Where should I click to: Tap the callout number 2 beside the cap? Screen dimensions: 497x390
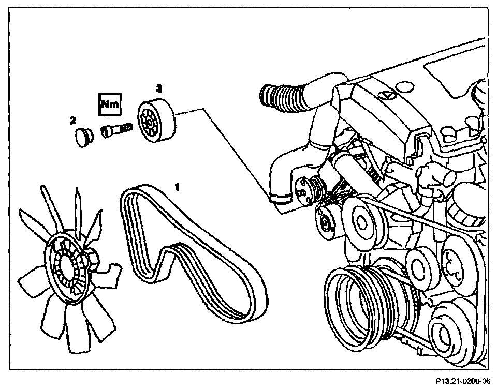[74, 121]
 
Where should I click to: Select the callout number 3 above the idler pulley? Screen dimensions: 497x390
[159, 89]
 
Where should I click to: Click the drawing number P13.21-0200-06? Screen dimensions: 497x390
[462, 382]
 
